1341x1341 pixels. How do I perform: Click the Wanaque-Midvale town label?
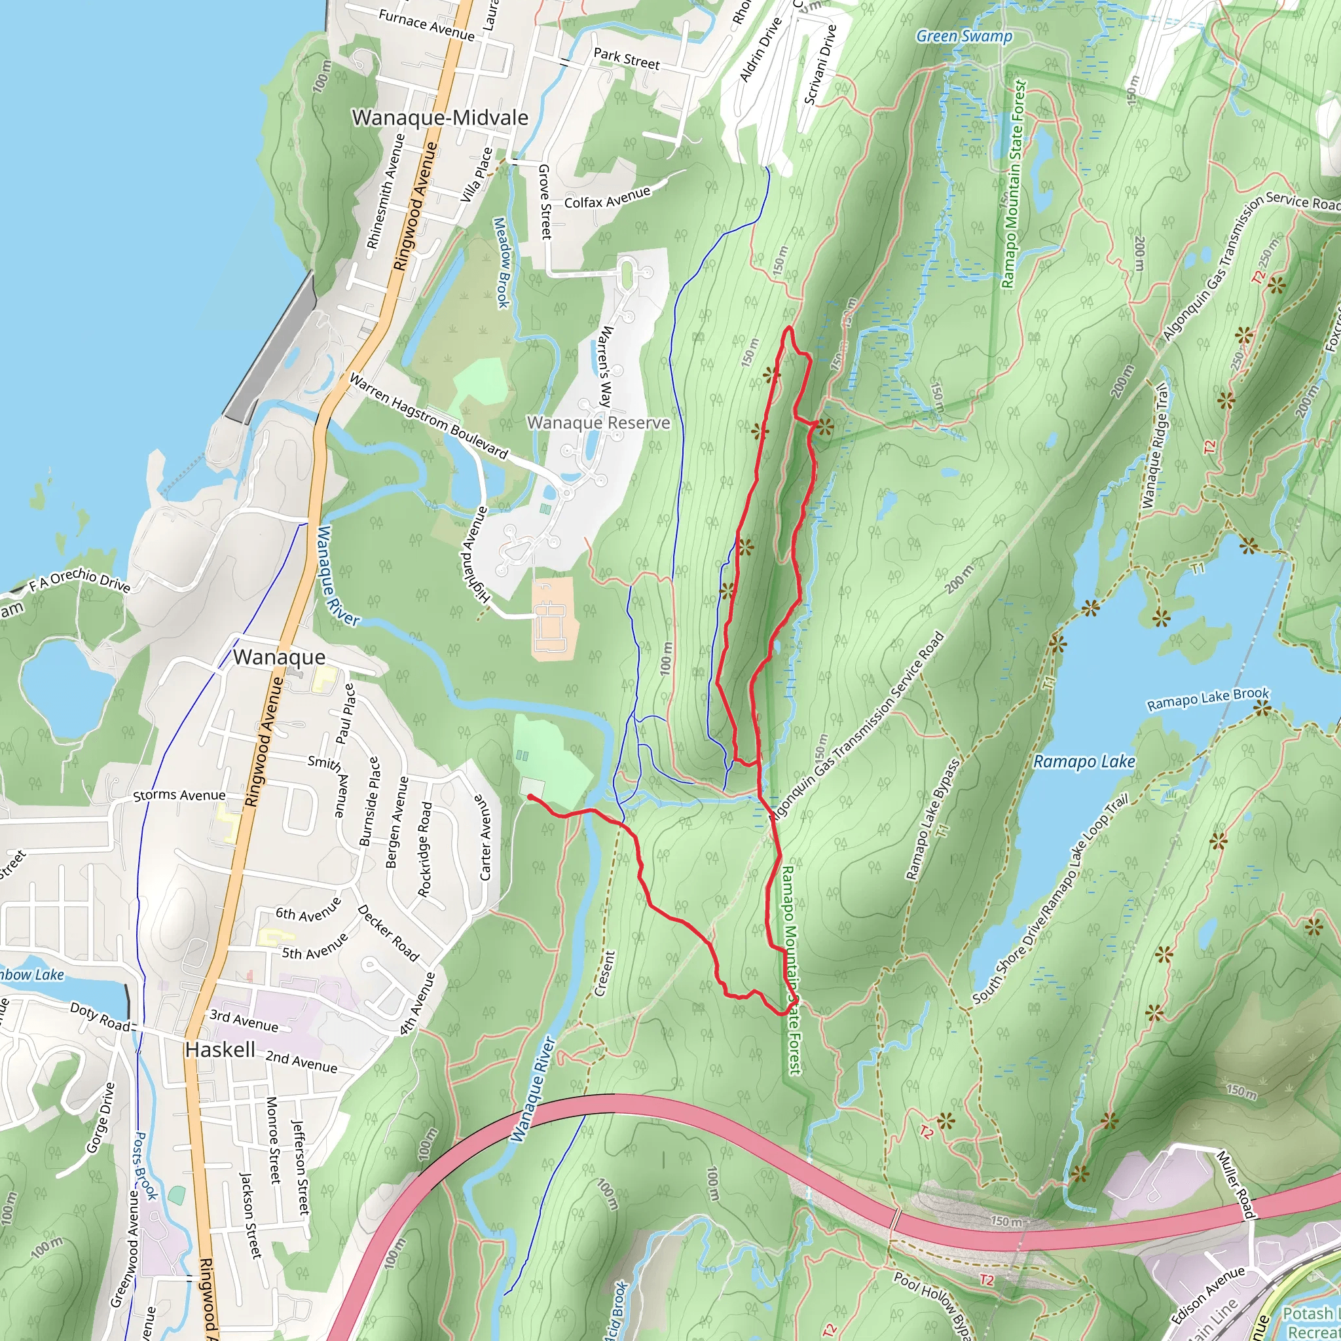(440, 118)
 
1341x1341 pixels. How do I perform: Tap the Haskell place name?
(220, 1050)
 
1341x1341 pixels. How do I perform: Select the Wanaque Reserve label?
(598, 423)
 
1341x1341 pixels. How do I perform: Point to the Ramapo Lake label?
(1084, 762)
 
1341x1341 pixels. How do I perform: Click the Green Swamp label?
(964, 36)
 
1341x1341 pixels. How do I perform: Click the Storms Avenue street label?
(179, 796)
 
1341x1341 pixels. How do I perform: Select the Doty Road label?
(100, 1017)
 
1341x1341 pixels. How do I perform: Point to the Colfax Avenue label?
(608, 198)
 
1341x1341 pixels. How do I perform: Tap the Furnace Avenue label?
(426, 26)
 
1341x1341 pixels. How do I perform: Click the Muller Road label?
(1236, 1185)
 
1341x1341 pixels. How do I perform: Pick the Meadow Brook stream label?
(501, 263)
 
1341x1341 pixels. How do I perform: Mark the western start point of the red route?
(530, 797)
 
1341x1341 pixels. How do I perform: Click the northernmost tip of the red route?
(789, 327)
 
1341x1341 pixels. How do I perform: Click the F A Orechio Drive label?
(80, 580)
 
